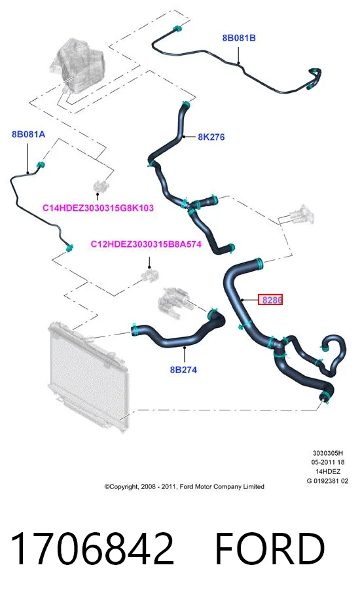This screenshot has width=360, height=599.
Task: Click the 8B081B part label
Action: tap(239, 38)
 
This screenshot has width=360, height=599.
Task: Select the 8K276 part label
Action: tap(211, 137)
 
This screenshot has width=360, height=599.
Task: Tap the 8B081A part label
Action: tap(28, 134)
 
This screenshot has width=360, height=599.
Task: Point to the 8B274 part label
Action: tap(183, 369)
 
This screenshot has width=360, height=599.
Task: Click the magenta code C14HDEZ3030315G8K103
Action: tap(98, 208)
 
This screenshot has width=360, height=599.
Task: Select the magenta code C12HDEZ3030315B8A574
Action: tap(146, 244)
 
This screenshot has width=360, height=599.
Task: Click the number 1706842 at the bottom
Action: tap(92, 549)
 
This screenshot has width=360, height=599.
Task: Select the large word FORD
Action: tap(270, 549)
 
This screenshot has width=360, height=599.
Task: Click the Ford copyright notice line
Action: tap(185, 486)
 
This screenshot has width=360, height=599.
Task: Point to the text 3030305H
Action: tap(328, 453)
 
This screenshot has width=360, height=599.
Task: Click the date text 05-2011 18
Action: tap(328, 462)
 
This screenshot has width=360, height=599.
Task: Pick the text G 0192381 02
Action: tap(327, 481)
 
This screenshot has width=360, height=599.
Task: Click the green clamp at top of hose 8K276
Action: tap(186, 104)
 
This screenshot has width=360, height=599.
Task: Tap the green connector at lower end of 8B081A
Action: tap(69, 248)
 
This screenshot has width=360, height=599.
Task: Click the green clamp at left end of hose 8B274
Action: tap(134, 329)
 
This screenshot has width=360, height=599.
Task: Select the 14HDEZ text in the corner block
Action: tap(328, 472)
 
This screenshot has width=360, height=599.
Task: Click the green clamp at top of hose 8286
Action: tap(260, 263)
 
